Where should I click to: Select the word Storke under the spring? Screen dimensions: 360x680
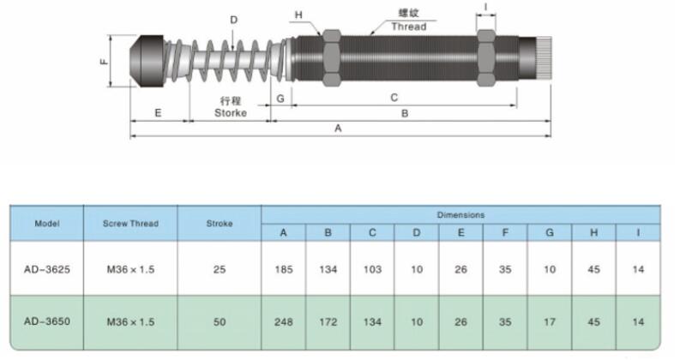pos(230,112)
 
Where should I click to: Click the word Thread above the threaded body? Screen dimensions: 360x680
pos(408,27)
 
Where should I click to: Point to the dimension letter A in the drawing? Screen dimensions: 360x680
pos(338,128)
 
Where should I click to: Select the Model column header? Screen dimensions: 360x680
pos(46,223)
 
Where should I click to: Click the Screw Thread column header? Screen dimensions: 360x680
pos(130,223)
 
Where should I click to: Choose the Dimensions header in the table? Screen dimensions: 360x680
pos(460,214)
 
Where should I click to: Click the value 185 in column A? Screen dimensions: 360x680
pos(284,269)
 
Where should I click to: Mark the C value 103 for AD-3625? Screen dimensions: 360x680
pos(372,269)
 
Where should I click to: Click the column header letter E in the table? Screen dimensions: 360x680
pos(460,232)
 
